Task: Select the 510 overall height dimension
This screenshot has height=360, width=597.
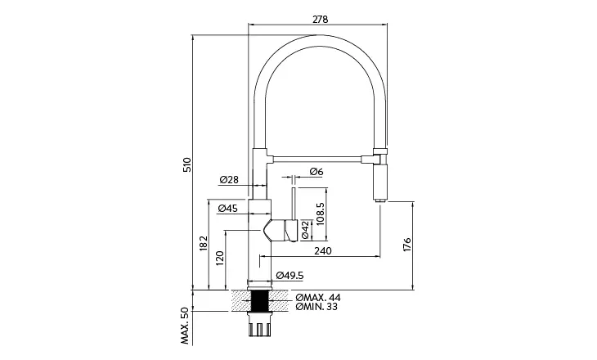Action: point(186,164)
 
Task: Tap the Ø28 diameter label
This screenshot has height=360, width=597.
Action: point(229,180)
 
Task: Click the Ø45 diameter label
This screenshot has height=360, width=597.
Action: point(228,209)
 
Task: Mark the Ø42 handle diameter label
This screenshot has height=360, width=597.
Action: point(304,230)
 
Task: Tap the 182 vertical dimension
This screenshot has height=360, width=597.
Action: point(202,244)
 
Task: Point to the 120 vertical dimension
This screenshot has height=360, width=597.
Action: point(219,261)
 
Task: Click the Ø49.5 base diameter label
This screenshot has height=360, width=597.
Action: point(290,275)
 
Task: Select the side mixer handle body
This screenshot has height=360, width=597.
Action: point(281,229)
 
